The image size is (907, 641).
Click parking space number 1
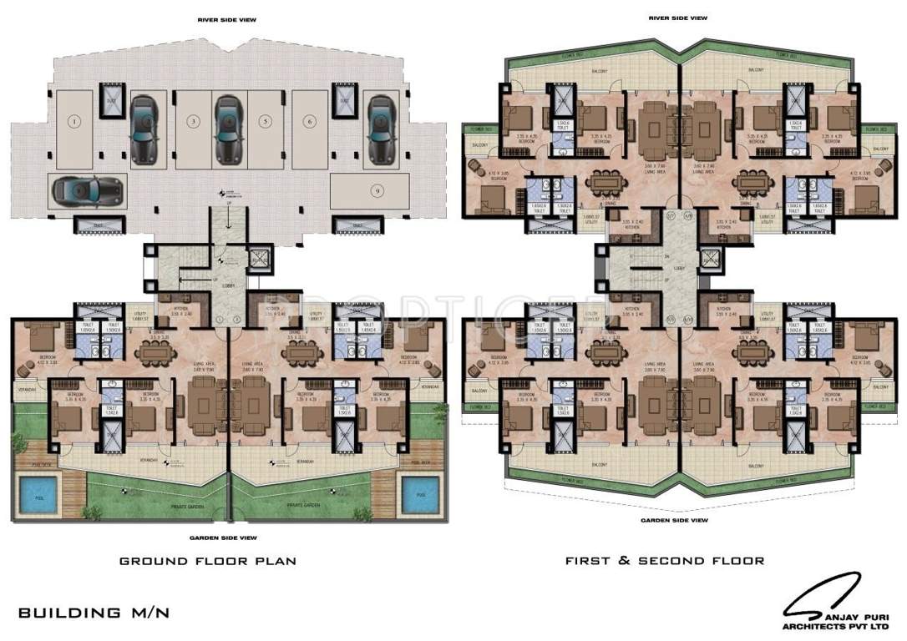click(x=75, y=122)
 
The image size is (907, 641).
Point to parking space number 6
click(x=310, y=122)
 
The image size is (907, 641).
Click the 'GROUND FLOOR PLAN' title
click(x=207, y=561)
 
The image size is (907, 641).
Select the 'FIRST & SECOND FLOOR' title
click(x=665, y=561)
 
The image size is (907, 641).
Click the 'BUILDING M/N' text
click(x=94, y=613)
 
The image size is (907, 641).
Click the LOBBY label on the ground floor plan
click(x=231, y=285)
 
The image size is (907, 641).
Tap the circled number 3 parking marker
click(x=193, y=122)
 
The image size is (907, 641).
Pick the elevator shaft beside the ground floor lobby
click(x=260, y=261)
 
